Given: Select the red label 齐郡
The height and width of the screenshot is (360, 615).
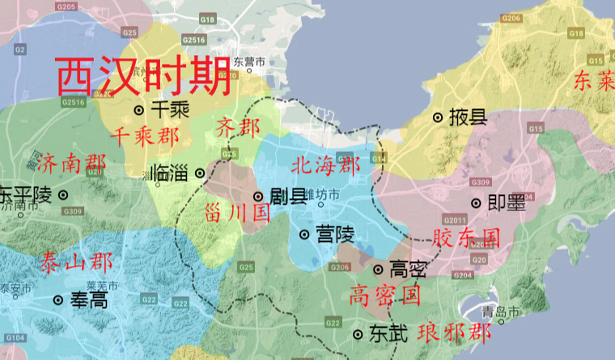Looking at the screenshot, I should pyautogui.click(x=238, y=127).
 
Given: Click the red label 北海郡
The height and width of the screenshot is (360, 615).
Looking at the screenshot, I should pyautogui.click(x=324, y=167).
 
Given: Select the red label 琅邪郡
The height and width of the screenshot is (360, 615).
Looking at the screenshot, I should pyautogui.click(x=454, y=332).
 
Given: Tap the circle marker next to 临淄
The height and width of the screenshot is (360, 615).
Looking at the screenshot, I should pyautogui.click(x=200, y=172).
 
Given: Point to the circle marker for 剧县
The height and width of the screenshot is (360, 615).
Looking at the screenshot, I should pyautogui.click(x=258, y=196).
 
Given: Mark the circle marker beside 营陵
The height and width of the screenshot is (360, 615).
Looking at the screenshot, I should pyautogui.click(x=304, y=235).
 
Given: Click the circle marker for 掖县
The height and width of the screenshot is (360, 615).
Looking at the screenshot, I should pyautogui.click(x=438, y=117).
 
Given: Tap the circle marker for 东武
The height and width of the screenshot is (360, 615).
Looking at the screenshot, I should pyautogui.click(x=358, y=333).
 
